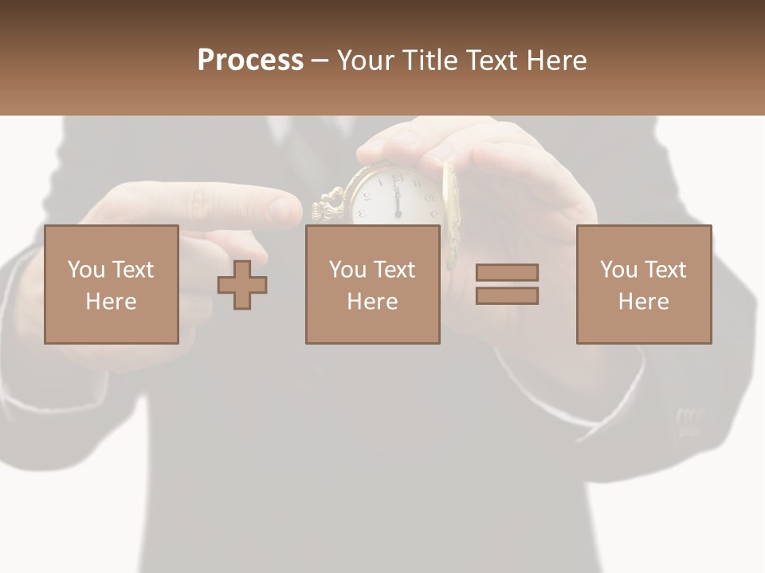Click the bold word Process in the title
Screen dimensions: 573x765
coord(250,60)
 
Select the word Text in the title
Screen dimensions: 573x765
coord(489,60)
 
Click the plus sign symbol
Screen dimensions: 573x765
coord(242,285)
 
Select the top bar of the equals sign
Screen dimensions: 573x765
coord(507,272)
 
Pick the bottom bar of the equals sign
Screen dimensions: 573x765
coord(507,295)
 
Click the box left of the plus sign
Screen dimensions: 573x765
coord(112,284)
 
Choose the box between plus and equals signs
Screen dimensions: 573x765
coord(372,284)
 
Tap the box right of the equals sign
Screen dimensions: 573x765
coord(644,284)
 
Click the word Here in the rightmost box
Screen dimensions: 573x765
coord(643,302)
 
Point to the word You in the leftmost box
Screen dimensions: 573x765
coord(86,270)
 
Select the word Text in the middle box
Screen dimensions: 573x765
coord(395,270)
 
